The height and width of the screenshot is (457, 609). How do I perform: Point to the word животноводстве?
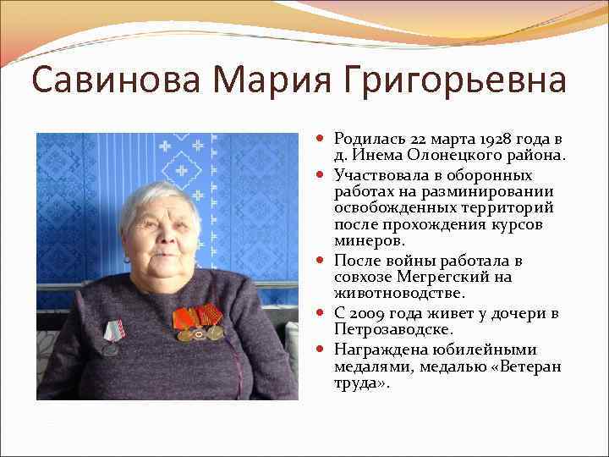[x=399, y=293]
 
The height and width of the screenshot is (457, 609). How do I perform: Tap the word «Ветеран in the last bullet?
[x=529, y=366]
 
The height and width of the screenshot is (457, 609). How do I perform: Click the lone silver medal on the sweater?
[x=110, y=337]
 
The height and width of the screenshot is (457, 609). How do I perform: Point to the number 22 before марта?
[x=419, y=139]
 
